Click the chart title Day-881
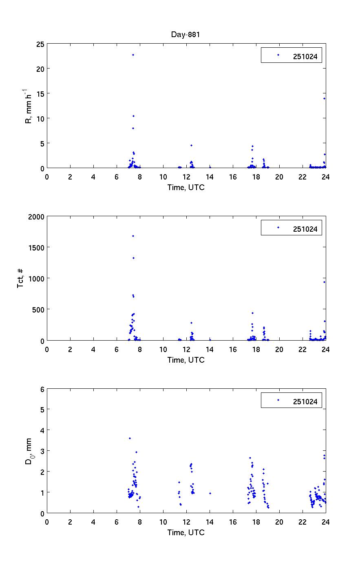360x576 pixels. (x=186, y=35)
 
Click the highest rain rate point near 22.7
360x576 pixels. (x=133, y=55)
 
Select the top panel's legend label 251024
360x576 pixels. (x=305, y=56)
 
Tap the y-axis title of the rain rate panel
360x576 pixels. (x=29, y=106)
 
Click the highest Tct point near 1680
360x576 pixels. (x=133, y=236)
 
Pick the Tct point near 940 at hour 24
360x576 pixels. (x=324, y=282)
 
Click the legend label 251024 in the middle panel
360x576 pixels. (x=305, y=229)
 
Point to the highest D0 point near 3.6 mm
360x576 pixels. (x=130, y=438)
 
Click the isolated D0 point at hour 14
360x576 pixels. (x=210, y=493)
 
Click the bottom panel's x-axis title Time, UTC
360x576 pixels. (x=186, y=532)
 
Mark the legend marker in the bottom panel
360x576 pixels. (x=278, y=400)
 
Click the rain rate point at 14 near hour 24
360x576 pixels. (x=324, y=98)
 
